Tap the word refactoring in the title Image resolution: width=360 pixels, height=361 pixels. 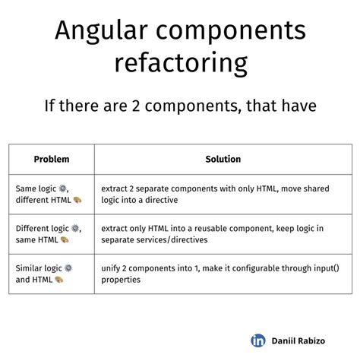[180, 64]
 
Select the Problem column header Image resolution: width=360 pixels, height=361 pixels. [51, 160]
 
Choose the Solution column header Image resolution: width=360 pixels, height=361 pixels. [223, 160]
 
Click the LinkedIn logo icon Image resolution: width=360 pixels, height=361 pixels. [258, 340]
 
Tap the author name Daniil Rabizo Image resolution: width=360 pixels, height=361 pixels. [302, 341]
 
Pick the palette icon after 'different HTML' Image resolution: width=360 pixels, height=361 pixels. [77, 199]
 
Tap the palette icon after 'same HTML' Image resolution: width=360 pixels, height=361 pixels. [65, 240]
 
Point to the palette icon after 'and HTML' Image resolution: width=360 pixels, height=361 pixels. [60, 280]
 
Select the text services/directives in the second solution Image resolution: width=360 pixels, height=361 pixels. [173, 240]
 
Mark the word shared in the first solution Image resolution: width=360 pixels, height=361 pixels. [324, 186]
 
